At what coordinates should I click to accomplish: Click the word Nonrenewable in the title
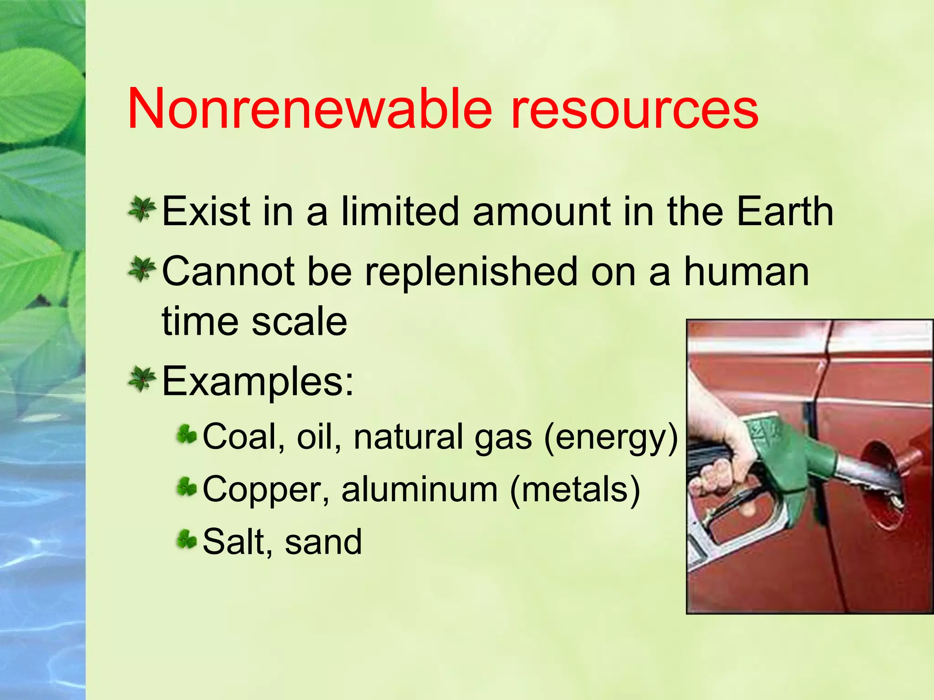pos(310,109)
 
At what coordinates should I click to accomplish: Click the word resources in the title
pos(634,109)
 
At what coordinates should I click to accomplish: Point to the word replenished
pos(472,272)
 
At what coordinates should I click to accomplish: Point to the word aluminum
pos(420,489)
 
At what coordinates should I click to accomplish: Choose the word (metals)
pos(575,489)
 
